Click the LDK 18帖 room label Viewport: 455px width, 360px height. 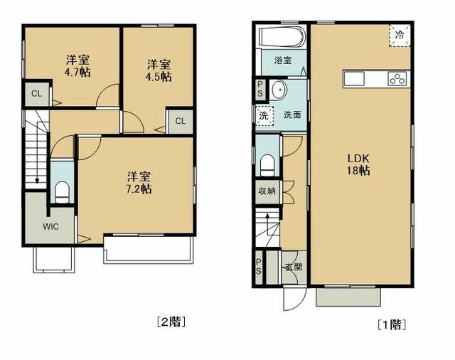coord(358,164)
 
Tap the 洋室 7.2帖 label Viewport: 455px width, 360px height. coord(139,183)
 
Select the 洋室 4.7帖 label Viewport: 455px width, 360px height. coord(77,66)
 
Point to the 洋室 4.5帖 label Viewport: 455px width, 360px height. coord(159,70)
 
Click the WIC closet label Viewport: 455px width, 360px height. coord(50,226)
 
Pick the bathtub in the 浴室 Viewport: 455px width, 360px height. coord(283,36)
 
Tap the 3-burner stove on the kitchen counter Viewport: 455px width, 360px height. coord(397,78)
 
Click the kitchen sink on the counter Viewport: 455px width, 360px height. coord(354,78)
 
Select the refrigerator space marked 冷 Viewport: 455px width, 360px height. coord(400,36)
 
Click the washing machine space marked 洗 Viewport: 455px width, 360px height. coord(264,115)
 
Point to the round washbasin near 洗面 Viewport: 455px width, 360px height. coord(279,89)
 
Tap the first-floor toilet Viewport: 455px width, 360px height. coord(267,166)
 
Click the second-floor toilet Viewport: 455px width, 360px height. coord(62,192)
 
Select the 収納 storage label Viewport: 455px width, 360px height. coord(267,191)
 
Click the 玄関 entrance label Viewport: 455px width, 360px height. coord(294,267)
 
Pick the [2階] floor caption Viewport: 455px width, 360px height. coord(171,322)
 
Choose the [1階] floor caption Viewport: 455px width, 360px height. coord(392,324)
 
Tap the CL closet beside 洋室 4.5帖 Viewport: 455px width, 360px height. coord(180,121)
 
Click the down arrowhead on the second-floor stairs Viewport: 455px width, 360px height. coord(37,181)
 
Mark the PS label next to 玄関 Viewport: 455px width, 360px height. coord(259,267)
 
